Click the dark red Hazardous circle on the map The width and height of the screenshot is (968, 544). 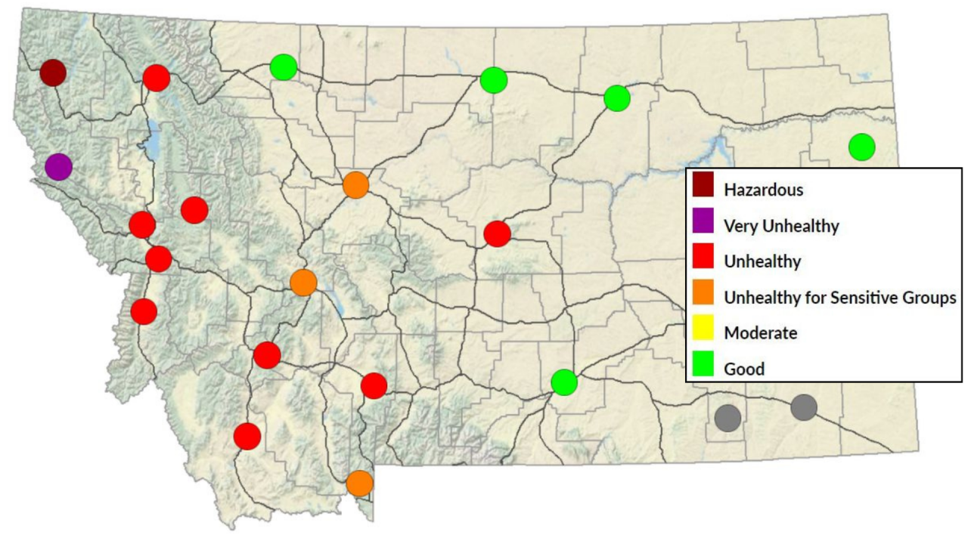coord(53,73)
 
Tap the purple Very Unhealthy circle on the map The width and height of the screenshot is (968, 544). coord(58,166)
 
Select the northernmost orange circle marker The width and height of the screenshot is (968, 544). coord(355,184)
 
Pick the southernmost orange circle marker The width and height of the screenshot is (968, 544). coord(360,483)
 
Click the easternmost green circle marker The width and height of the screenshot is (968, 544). coord(861,147)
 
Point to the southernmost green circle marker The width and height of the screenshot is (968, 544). coord(564,382)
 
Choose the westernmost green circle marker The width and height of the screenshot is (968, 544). coord(283,67)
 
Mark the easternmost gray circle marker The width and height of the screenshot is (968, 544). coord(804,407)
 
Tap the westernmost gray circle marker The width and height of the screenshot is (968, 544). coord(728,417)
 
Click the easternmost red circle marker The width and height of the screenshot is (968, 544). coord(497,233)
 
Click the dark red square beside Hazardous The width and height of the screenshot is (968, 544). coord(703,190)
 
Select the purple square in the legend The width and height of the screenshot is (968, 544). coord(703,225)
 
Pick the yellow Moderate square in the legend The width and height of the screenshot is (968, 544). coord(703,332)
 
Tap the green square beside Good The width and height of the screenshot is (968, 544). coord(703,369)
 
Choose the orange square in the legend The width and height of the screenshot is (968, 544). coord(703,297)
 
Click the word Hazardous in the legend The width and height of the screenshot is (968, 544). coord(763,190)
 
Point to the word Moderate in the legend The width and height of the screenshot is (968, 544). coord(760,332)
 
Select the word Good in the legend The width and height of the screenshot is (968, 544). coord(744,369)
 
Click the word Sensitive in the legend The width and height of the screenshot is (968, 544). coord(861,298)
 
